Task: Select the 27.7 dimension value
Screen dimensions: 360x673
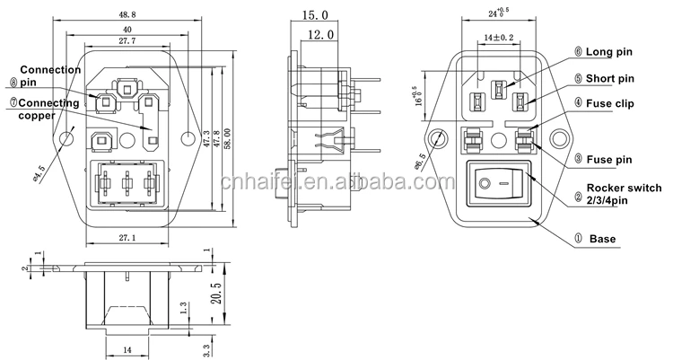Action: [x=126, y=41]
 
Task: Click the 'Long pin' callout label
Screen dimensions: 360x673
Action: [x=610, y=52]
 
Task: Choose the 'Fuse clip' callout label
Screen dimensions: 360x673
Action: [x=611, y=103]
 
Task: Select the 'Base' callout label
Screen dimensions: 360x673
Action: [x=602, y=240]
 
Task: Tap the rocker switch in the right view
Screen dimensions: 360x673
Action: [x=498, y=187]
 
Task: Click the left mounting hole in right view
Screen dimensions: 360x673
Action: [x=439, y=139]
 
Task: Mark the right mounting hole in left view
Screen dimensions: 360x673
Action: [x=188, y=138]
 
